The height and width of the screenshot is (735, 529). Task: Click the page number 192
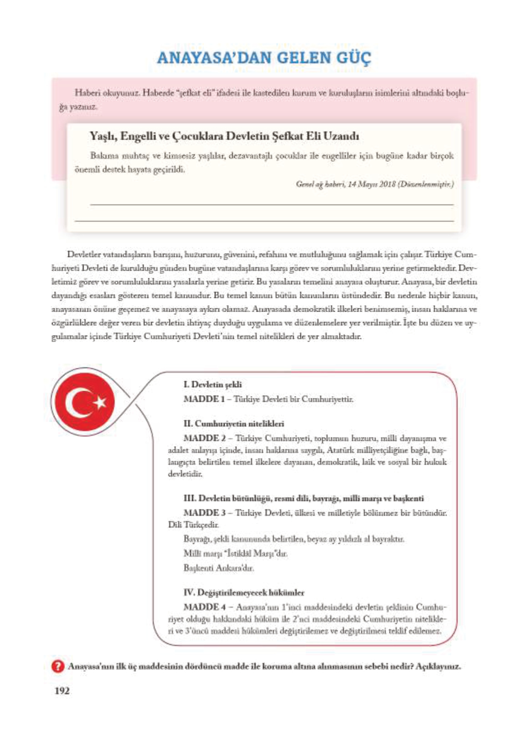click(62, 691)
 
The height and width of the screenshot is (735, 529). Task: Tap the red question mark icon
click(58, 666)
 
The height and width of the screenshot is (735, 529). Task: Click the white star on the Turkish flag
click(100, 402)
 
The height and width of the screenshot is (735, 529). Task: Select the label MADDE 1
click(201, 399)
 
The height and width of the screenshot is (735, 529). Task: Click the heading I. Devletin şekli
click(212, 384)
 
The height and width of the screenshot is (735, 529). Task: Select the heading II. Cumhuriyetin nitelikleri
click(234, 423)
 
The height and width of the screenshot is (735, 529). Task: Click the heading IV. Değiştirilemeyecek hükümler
click(244, 592)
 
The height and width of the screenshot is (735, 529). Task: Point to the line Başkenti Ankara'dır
click(219, 568)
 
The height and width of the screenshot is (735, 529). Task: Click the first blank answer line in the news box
click(272, 204)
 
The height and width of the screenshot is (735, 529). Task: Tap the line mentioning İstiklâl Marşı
click(235, 554)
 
